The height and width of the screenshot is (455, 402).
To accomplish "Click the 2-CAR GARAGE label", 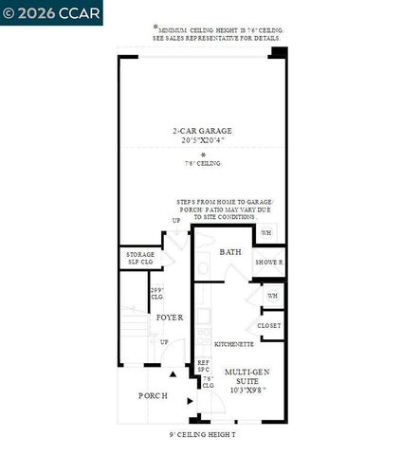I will (x=202, y=131).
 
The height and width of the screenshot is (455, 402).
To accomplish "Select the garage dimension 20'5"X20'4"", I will (x=202, y=140).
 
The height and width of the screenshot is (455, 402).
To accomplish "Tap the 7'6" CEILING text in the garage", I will (x=202, y=163).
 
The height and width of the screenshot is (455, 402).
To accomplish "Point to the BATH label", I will (x=230, y=252).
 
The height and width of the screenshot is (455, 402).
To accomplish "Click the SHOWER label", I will (x=269, y=262).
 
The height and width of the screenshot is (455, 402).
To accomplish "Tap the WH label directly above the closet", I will (x=272, y=296).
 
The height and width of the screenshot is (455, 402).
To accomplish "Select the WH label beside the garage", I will (x=266, y=232).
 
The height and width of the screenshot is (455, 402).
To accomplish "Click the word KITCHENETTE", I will (x=233, y=343).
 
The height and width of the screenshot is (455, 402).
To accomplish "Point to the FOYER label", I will (x=169, y=317).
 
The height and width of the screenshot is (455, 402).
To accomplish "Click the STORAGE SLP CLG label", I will (x=140, y=258).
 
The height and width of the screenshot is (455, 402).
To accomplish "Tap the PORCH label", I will (x=153, y=394).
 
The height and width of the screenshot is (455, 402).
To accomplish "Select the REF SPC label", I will (x=203, y=366).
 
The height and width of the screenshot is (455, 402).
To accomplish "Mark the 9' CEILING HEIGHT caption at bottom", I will (x=201, y=435).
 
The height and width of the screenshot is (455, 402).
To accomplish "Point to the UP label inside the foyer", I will (x=164, y=342).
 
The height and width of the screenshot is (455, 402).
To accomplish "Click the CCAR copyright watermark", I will (x=38, y=12).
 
